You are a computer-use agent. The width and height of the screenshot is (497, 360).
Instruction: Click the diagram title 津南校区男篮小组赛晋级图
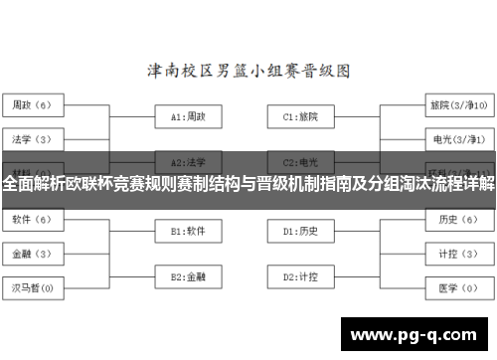pyautogui.click(x=248, y=72)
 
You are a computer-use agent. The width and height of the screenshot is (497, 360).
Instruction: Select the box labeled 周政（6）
pyautogui.click(x=35, y=103)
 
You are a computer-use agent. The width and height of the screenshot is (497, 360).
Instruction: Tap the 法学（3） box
pyautogui.click(x=35, y=138)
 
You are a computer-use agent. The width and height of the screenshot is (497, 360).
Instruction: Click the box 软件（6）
pyautogui.click(x=35, y=219)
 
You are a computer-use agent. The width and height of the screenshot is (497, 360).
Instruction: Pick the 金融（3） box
pyautogui.click(x=35, y=254)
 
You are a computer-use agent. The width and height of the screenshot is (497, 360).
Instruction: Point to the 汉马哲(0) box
pyautogui.click(x=35, y=288)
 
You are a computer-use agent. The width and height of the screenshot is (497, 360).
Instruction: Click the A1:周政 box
pyautogui.click(x=188, y=116)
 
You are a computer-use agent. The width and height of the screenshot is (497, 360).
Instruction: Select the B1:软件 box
pyautogui.click(x=188, y=231)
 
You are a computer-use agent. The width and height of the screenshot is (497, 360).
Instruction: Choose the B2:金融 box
pyautogui.click(x=188, y=275)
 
